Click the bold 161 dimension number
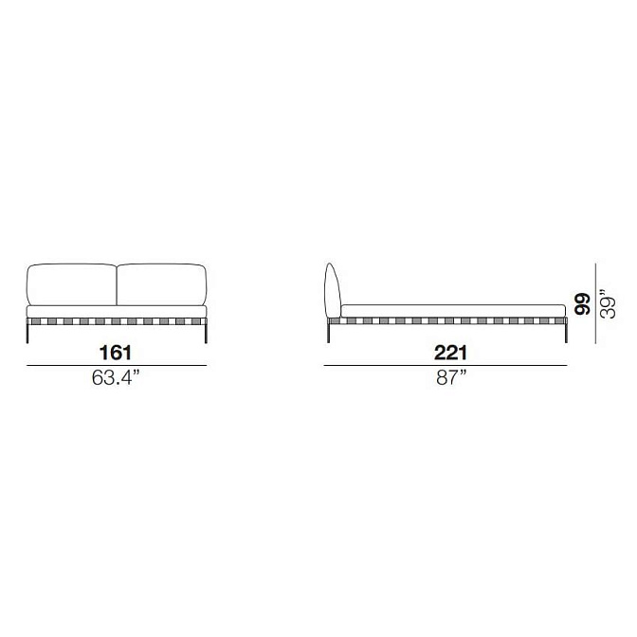pyautogui.click(x=116, y=353)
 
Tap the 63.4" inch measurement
pyautogui.click(x=116, y=378)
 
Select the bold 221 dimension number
pyautogui.click(x=450, y=353)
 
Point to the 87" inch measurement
pyautogui.click(x=451, y=378)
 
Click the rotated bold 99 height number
pyautogui.click(x=582, y=303)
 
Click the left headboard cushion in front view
pyautogui.click(x=72, y=284)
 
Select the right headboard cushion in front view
pyautogui.click(x=162, y=284)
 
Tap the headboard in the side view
pyautogui.click(x=333, y=290)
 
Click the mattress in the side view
pyautogui.click(x=453, y=311)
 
